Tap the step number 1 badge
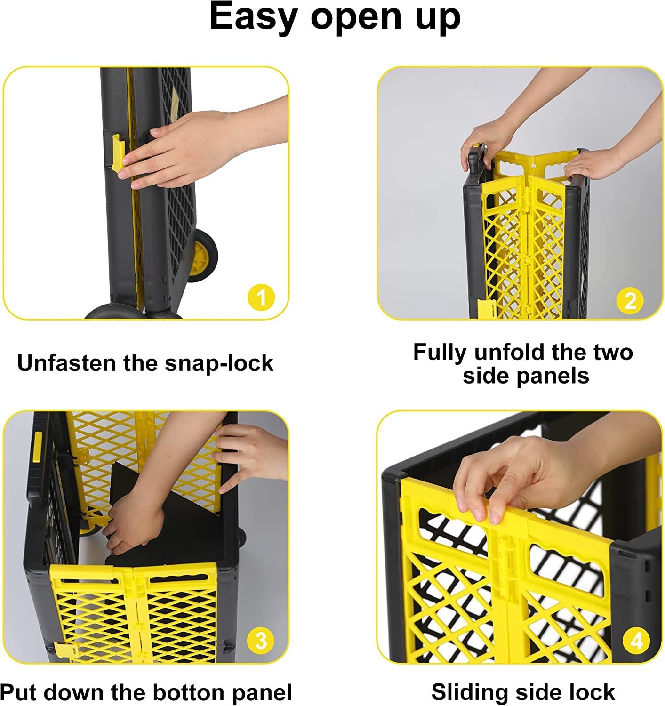pos(261,297)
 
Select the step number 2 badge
pos(630,300)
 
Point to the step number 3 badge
pos(261,640)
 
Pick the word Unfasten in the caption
pos(66,363)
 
